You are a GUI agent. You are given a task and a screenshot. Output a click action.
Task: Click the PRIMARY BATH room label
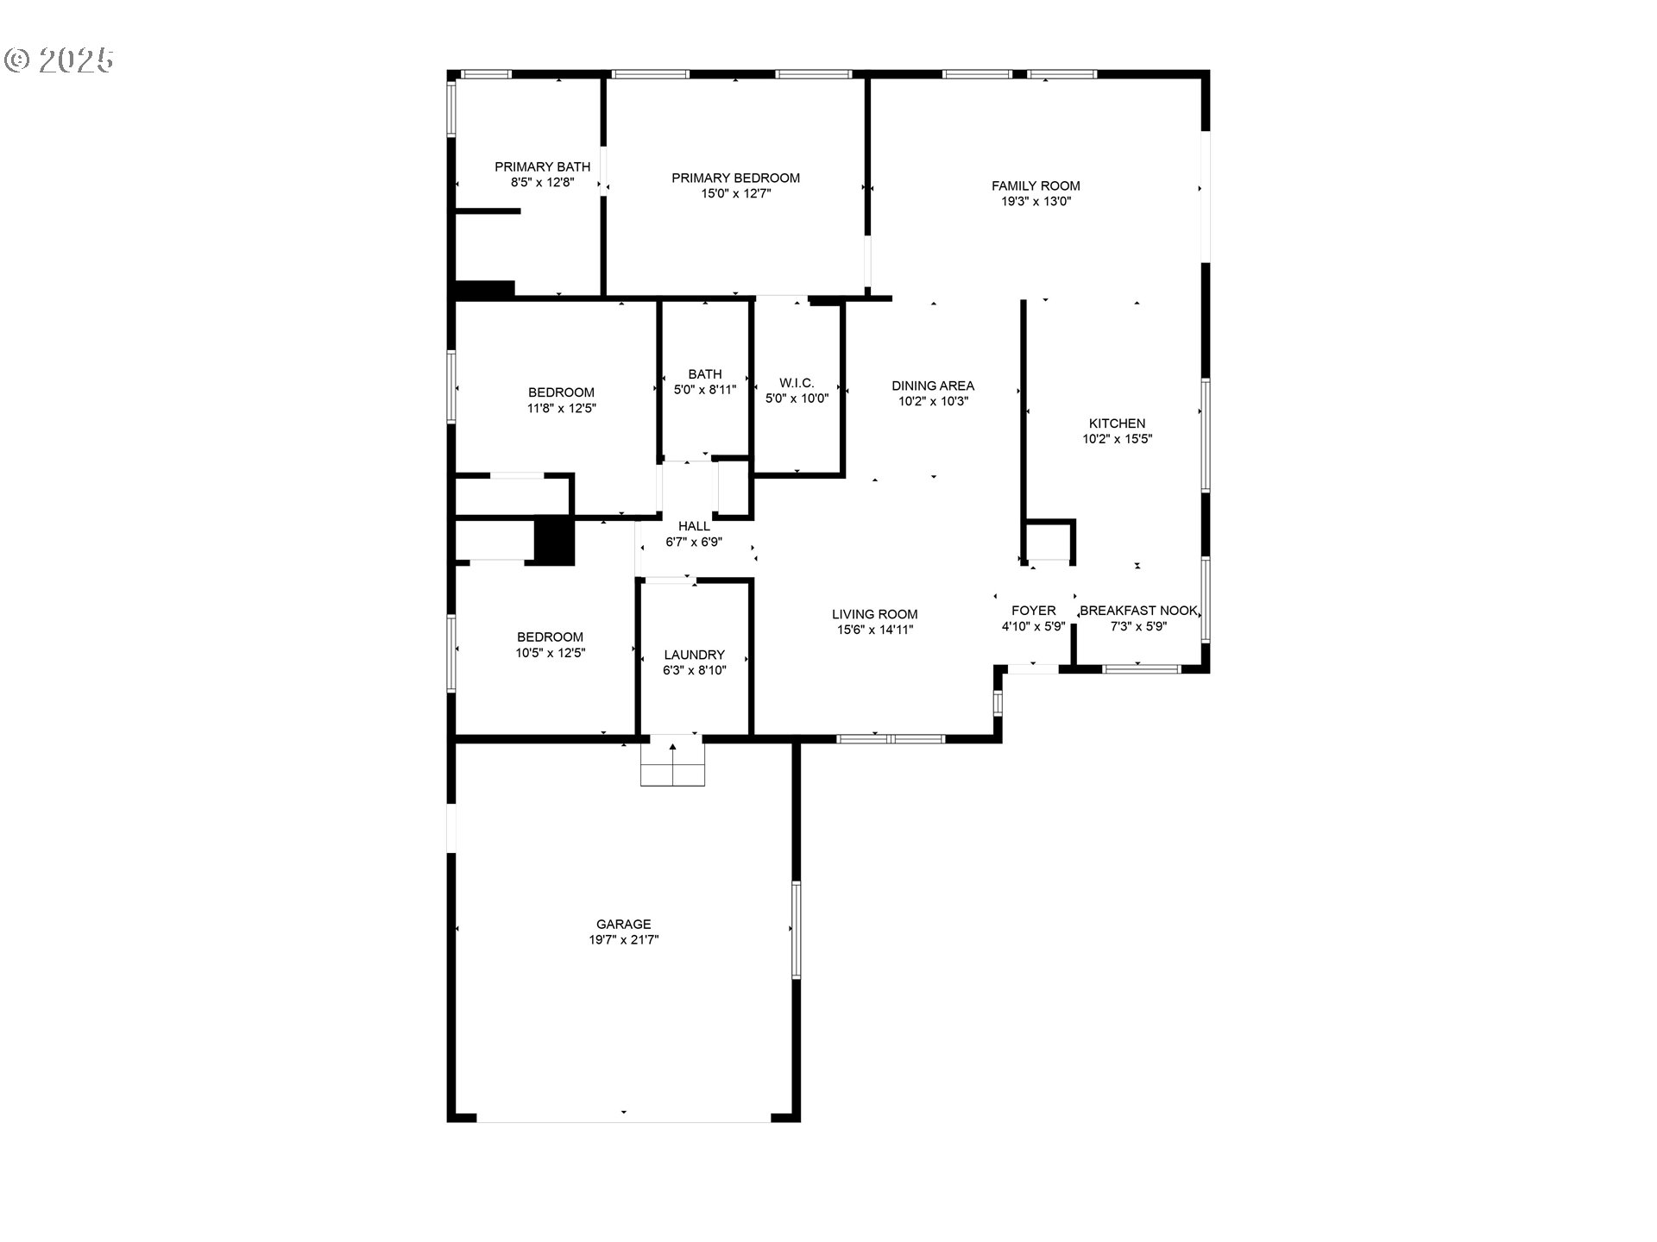pyautogui.click(x=542, y=167)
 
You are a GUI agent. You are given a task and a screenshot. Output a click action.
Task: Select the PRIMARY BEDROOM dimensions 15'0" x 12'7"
pyautogui.click(x=735, y=194)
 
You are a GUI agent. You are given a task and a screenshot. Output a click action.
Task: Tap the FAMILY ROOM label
pyautogui.click(x=1035, y=185)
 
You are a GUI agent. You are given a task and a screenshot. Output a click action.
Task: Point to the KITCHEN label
pyautogui.click(x=1117, y=423)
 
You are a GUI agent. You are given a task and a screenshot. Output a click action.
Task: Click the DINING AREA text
pyautogui.click(x=932, y=386)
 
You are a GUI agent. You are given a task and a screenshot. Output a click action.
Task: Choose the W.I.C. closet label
pyautogui.click(x=796, y=383)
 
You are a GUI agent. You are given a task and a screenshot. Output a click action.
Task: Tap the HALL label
pyautogui.click(x=694, y=526)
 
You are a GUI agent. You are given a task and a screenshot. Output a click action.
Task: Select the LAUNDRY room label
pyautogui.click(x=694, y=655)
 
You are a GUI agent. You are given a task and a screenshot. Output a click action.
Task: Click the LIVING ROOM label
pyautogui.click(x=874, y=614)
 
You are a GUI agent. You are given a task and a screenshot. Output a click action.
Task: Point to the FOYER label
pyautogui.click(x=1033, y=611)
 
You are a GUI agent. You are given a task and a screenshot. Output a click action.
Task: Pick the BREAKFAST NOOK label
pyautogui.click(x=1137, y=611)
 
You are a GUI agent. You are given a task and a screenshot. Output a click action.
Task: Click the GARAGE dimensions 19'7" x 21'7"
pyautogui.click(x=623, y=940)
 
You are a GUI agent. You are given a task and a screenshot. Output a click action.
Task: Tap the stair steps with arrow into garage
pyautogui.click(x=672, y=761)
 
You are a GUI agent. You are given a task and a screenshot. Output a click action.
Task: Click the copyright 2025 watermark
pyautogui.click(x=59, y=60)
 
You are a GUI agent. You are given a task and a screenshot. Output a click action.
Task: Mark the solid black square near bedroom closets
pyautogui.click(x=554, y=541)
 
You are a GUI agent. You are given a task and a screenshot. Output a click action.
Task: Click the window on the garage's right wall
pyautogui.click(x=796, y=929)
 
